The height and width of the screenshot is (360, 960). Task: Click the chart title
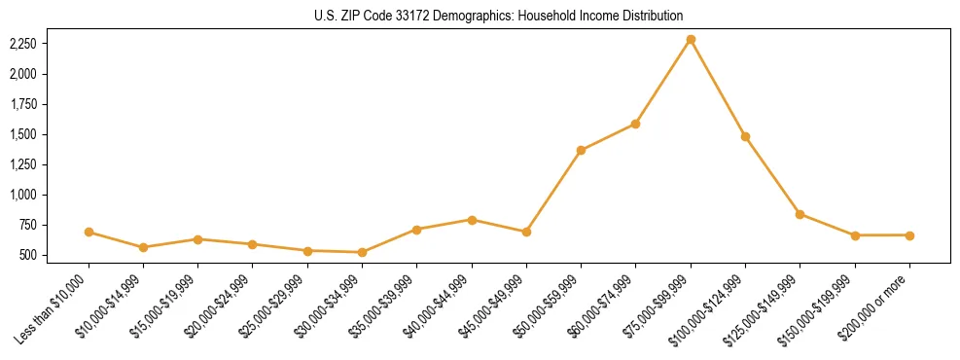(498, 16)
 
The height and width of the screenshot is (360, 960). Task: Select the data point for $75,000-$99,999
(691, 39)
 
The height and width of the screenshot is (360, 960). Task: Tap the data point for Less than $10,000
(89, 232)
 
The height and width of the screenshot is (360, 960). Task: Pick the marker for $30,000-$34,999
(362, 252)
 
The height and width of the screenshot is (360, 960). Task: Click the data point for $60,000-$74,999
(635, 124)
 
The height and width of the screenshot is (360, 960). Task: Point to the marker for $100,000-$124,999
(745, 136)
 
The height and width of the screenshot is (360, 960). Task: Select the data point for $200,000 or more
(909, 234)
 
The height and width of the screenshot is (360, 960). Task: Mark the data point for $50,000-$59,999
(581, 150)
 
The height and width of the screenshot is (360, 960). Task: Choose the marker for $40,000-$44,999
(472, 220)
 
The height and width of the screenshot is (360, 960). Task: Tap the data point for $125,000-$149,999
(800, 214)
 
